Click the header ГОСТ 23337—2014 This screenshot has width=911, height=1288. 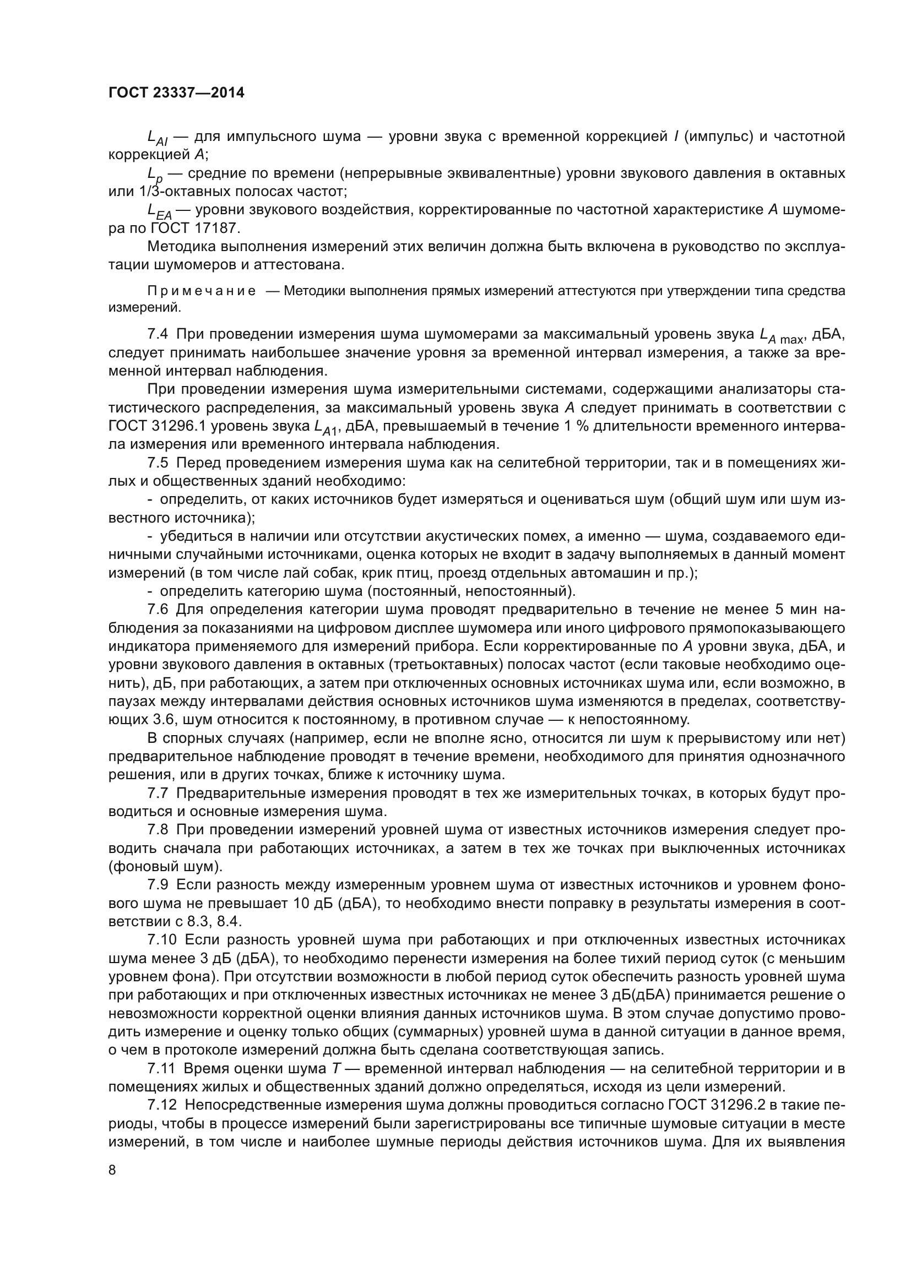pyautogui.click(x=176, y=93)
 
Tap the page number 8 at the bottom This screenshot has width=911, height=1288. pyautogui.click(x=112, y=1170)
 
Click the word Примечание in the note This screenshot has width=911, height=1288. pyautogui.click(x=202, y=291)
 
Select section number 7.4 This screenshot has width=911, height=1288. pyautogui.click(x=158, y=334)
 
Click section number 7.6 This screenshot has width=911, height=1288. pyautogui.click(x=158, y=610)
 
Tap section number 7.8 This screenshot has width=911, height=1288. pyautogui.click(x=158, y=830)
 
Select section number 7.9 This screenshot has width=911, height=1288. pyautogui.click(x=158, y=885)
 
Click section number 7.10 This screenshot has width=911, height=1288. pyautogui.click(x=161, y=939)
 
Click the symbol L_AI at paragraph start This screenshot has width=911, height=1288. pyautogui.click(x=157, y=138)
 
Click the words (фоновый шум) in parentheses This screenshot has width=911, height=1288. pyautogui.click(x=165, y=867)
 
